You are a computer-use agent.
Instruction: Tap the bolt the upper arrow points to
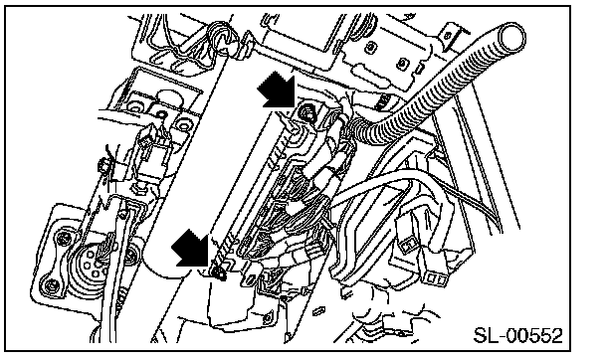[x=307, y=112]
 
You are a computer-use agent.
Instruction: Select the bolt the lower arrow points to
[x=219, y=272]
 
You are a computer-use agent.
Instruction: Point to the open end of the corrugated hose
[x=512, y=37]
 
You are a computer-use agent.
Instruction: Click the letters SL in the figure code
[x=487, y=335]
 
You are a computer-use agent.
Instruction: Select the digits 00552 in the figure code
[x=534, y=335]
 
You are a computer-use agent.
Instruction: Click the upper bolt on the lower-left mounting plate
[x=63, y=238]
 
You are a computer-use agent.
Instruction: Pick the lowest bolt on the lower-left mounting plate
[x=51, y=286]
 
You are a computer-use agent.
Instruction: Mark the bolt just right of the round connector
[x=132, y=254]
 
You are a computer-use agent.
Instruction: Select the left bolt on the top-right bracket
[x=370, y=47]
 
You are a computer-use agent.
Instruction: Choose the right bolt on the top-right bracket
[x=402, y=63]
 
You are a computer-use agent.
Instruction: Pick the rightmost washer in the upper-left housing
[x=183, y=124]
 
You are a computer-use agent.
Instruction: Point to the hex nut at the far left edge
[x=103, y=166]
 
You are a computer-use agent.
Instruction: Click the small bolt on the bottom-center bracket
[x=268, y=318]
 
